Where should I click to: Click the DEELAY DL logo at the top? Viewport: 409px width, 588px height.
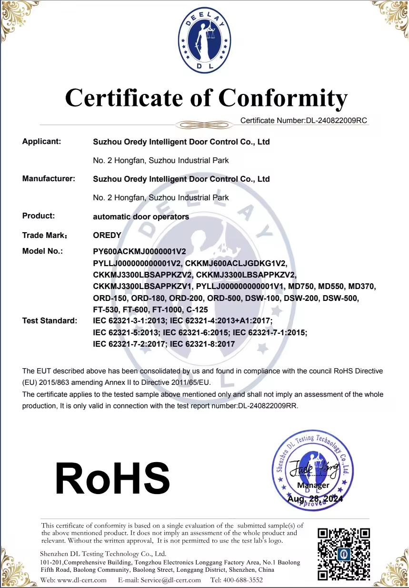[x=205, y=42]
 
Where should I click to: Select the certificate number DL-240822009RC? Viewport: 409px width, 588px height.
[x=336, y=121]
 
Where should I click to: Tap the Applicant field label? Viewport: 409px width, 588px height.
[x=42, y=142]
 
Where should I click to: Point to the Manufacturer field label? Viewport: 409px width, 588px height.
[x=49, y=179]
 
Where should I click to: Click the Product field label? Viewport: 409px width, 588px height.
[x=39, y=216]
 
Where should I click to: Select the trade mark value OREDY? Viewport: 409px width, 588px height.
[x=107, y=235]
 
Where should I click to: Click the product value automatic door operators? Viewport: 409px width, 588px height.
[x=141, y=217]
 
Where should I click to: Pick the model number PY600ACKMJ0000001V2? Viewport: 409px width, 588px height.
[x=140, y=251]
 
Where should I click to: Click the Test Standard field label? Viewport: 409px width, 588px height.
[x=50, y=320]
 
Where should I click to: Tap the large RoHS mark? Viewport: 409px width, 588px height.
[x=113, y=478]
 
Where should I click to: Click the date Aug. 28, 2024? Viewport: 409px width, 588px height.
[x=315, y=499]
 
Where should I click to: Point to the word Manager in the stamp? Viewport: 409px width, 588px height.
[x=313, y=485]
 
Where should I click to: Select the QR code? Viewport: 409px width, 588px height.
[x=344, y=554]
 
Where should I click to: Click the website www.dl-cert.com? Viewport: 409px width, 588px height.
[x=81, y=580]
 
